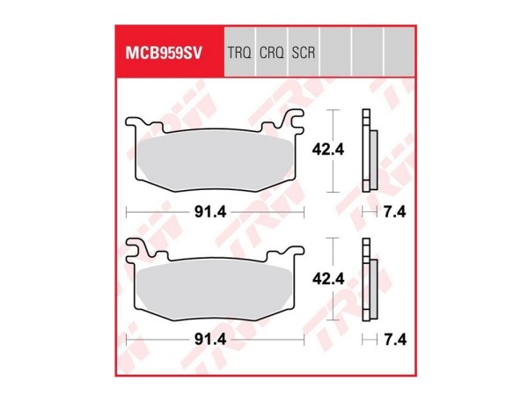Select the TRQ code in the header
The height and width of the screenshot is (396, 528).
point(240,53)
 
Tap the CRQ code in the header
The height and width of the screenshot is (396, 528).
point(272,53)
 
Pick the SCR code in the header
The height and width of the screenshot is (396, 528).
point(303,53)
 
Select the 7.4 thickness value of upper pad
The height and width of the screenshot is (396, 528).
point(393,211)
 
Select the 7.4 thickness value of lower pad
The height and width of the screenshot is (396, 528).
point(393,340)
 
